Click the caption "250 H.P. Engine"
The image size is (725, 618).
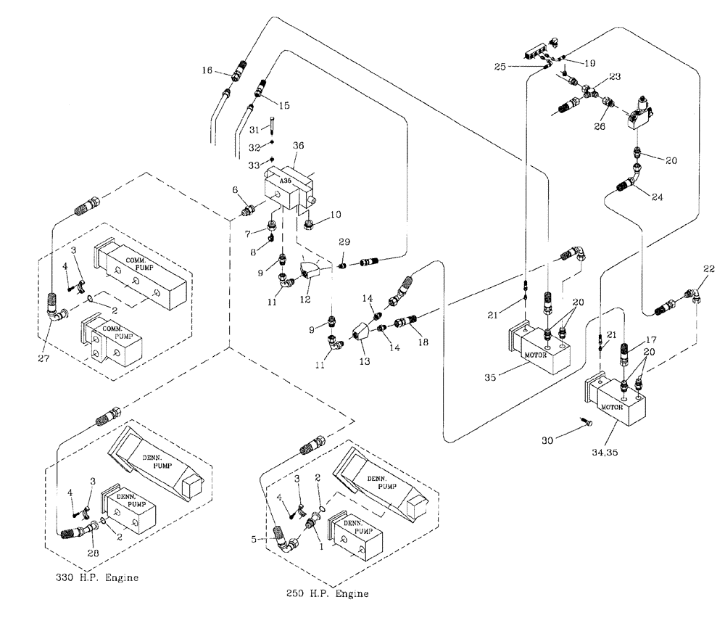(x=327, y=594)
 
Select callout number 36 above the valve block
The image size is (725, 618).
(x=298, y=145)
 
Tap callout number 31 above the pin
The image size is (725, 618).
(x=254, y=129)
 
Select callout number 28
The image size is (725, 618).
(x=91, y=554)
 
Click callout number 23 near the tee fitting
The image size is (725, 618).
(x=615, y=76)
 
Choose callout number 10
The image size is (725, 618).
(x=336, y=215)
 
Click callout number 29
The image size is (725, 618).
(x=344, y=240)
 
